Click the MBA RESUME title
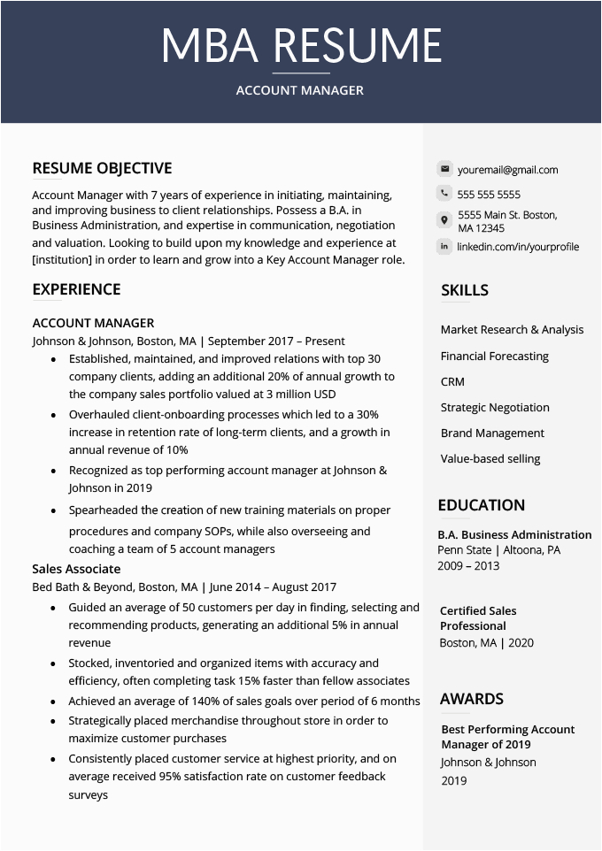[x=301, y=46]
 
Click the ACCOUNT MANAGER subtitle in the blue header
[x=300, y=90]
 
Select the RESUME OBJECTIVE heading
[x=102, y=168]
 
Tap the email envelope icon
[x=444, y=169]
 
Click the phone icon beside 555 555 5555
[x=444, y=194]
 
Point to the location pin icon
[x=444, y=220]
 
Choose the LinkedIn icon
[x=444, y=246]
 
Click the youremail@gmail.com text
[x=507, y=170]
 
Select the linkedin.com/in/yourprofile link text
[x=518, y=247]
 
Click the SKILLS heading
[x=465, y=290]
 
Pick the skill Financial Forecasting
[x=495, y=356]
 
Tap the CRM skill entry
[x=452, y=381]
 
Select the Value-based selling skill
[x=490, y=458]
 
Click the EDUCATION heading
[x=481, y=505]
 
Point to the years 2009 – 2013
[x=468, y=565]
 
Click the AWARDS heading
[x=471, y=699]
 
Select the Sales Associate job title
[x=76, y=569]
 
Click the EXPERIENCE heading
[x=76, y=289]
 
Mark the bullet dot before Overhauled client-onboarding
[x=54, y=414]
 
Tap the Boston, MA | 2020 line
[x=486, y=643]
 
